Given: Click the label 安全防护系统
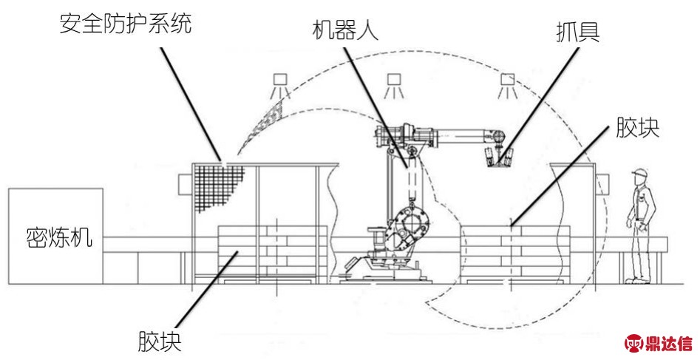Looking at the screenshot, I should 125,24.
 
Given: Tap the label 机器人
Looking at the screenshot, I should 346,32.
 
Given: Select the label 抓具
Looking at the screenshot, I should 577,32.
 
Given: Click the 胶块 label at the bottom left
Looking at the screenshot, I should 159,342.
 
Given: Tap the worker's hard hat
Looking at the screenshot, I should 639,174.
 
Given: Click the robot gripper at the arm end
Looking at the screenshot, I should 496,157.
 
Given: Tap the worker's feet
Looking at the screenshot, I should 633,280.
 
